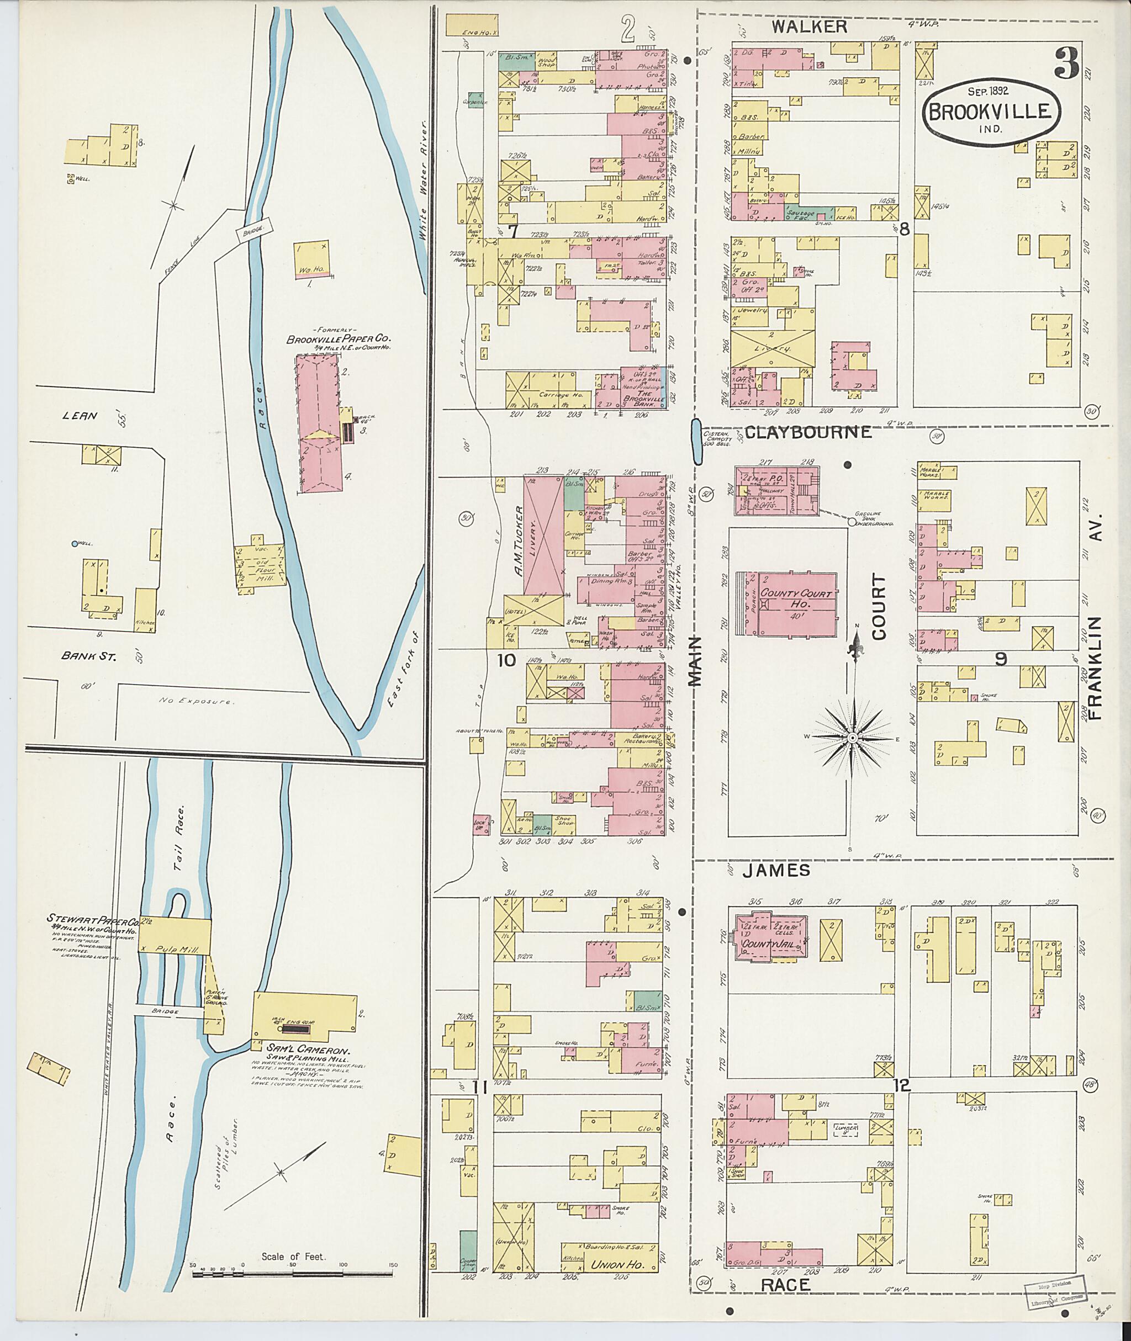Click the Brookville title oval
[x=991, y=113]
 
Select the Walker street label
[x=809, y=26]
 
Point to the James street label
[x=776, y=870]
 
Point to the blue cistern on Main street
[x=696, y=441]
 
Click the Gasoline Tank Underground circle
[x=852, y=522]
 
